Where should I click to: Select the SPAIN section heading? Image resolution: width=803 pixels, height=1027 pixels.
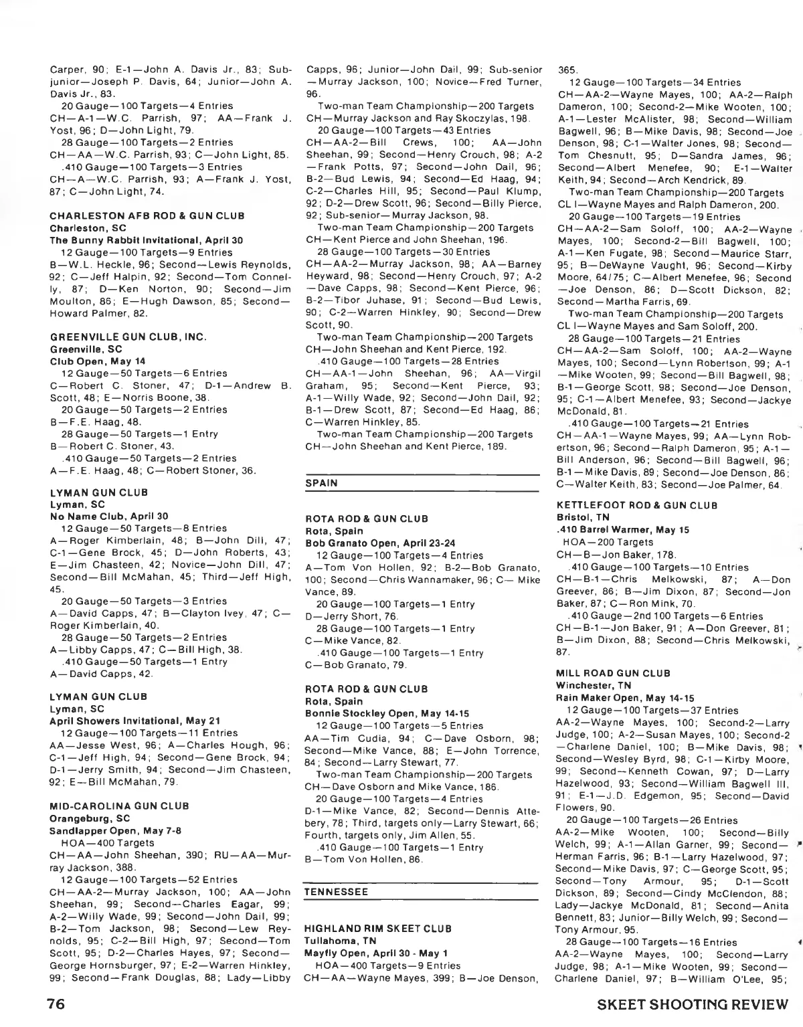pos(321,482)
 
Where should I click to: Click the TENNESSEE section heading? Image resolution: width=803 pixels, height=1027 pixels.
pos(336,893)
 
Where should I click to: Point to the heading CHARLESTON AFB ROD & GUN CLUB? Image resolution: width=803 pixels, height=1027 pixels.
pos(147,215)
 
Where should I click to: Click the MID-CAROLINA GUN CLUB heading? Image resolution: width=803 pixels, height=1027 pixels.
pos(120,806)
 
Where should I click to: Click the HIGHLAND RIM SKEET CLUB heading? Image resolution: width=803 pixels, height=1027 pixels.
pos(378,929)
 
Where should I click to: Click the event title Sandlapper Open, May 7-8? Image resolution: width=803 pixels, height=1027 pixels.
pos(116,830)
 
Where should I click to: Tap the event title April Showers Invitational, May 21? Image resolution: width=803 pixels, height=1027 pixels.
pos(135,721)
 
